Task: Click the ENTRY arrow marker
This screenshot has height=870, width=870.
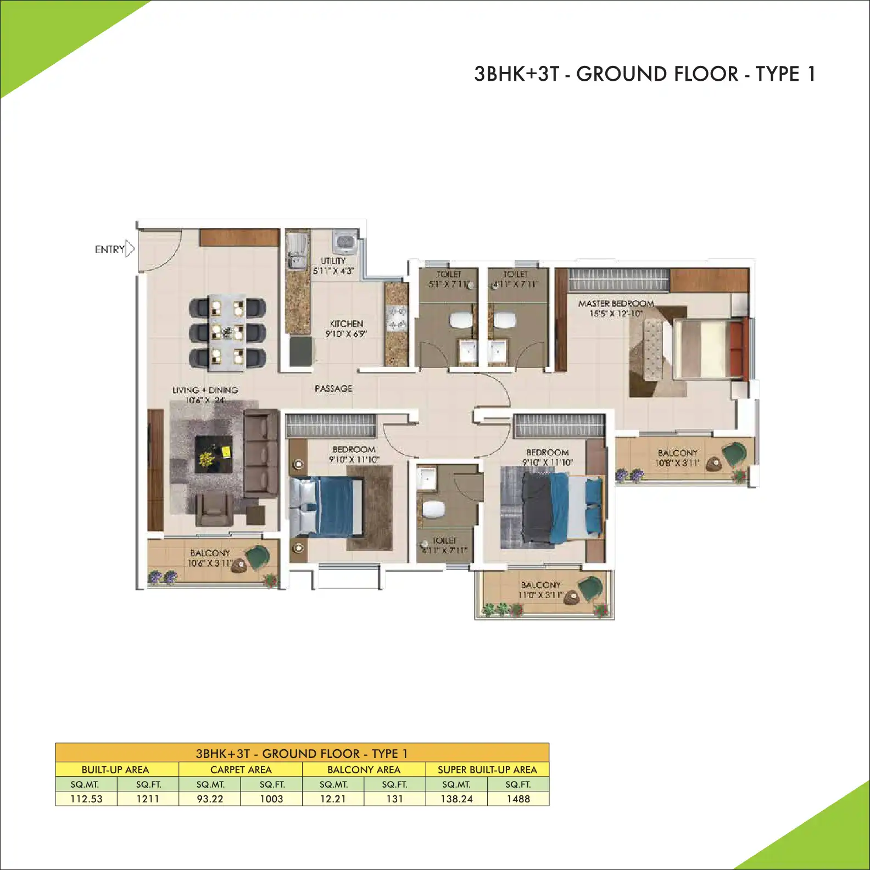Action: pyautogui.click(x=130, y=249)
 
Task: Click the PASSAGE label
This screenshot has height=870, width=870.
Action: pyautogui.click(x=333, y=388)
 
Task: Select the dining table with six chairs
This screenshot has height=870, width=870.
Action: pyautogui.click(x=227, y=332)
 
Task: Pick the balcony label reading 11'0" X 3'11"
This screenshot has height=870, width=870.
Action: pyautogui.click(x=540, y=590)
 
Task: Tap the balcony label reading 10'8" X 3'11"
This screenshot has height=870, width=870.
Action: pyautogui.click(x=677, y=458)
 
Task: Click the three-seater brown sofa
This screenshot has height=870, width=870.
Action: pyautogui.click(x=260, y=454)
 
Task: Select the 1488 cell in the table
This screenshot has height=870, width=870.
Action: pyautogui.click(x=518, y=799)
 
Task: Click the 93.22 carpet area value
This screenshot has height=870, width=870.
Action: pyautogui.click(x=210, y=799)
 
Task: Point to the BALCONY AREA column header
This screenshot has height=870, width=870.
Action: pyautogui.click(x=364, y=769)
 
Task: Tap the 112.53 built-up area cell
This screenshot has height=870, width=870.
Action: pyautogui.click(x=86, y=799)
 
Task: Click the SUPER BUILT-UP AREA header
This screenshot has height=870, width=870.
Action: pyautogui.click(x=487, y=769)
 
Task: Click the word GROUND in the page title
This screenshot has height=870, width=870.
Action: pyautogui.click(x=657, y=74)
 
